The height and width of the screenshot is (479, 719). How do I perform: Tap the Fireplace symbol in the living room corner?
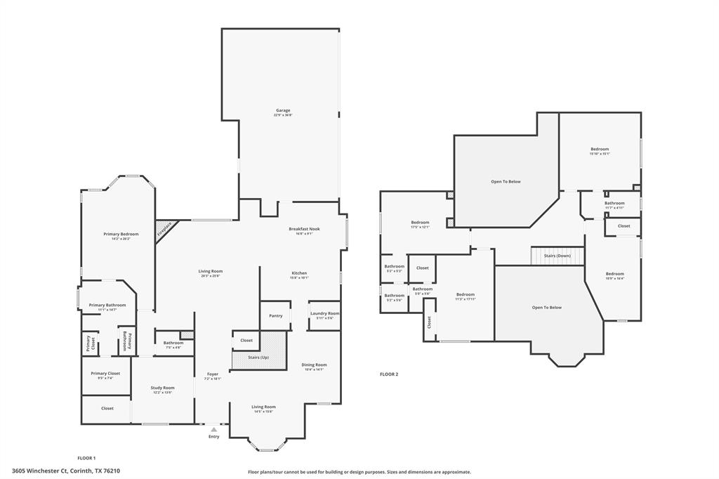(165, 229)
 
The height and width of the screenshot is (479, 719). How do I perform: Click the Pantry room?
(276, 315)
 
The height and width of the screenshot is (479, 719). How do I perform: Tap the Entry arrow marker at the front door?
(213, 429)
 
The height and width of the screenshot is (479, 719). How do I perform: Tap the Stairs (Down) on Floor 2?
(558, 256)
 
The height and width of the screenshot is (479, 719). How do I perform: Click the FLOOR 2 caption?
(389, 374)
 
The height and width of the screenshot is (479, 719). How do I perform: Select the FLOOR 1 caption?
(86, 457)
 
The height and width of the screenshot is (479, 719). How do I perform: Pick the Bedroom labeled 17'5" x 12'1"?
(420, 224)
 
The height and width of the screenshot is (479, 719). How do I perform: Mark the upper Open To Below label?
(506, 182)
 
